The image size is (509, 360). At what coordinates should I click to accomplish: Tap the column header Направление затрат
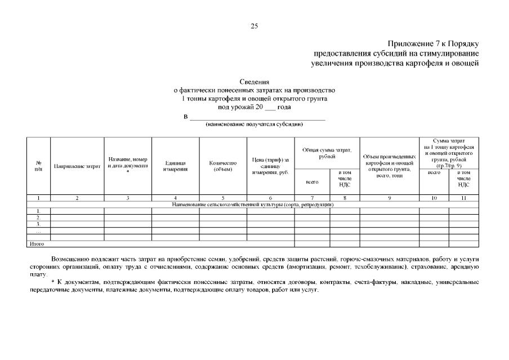(x=77, y=166)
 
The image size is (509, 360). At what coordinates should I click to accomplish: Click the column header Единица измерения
(x=175, y=166)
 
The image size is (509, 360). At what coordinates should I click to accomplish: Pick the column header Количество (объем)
(x=223, y=166)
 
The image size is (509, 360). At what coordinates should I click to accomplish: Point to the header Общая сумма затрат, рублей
(x=327, y=153)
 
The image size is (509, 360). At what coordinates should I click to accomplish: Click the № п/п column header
(x=38, y=166)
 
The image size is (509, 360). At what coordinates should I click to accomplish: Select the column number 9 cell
(x=389, y=198)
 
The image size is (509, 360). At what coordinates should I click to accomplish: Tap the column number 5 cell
(x=223, y=198)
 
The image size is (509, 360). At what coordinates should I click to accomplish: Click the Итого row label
(x=36, y=243)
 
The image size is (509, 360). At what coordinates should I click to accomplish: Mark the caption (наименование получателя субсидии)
(x=254, y=124)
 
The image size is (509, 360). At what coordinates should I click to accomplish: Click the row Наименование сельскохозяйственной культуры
(x=253, y=204)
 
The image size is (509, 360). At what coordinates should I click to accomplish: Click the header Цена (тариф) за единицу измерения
(x=270, y=166)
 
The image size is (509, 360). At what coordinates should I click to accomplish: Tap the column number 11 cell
(x=463, y=198)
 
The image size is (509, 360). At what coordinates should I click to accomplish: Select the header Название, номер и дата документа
(x=128, y=163)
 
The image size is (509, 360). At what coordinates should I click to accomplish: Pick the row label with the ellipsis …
(x=38, y=230)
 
